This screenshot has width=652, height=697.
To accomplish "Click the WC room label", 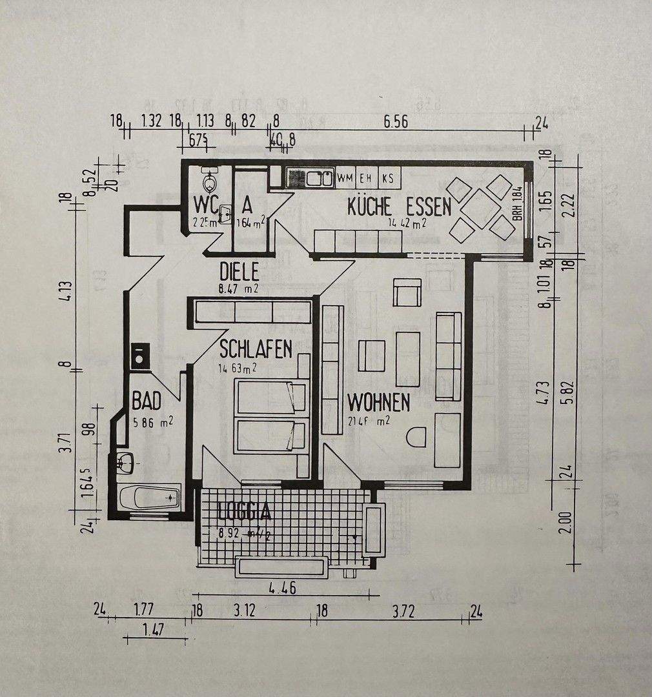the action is [207, 204].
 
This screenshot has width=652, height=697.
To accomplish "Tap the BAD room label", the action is [146, 401].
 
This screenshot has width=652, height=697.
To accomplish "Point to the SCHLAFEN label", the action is [256, 349].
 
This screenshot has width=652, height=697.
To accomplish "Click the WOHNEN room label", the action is [378, 403].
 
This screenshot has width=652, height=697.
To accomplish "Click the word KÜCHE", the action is [369, 207].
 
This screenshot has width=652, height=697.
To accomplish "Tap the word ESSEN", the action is [429, 207].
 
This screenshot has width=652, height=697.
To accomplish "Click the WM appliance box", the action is [345, 177].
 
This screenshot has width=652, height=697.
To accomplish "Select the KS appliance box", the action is [388, 177].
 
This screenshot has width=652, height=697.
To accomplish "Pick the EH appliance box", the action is [366, 177].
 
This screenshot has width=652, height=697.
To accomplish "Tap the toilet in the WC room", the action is [209, 176].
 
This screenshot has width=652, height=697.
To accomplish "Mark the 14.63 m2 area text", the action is [238, 369].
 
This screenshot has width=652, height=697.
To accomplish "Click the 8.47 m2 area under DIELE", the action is [238, 288].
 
